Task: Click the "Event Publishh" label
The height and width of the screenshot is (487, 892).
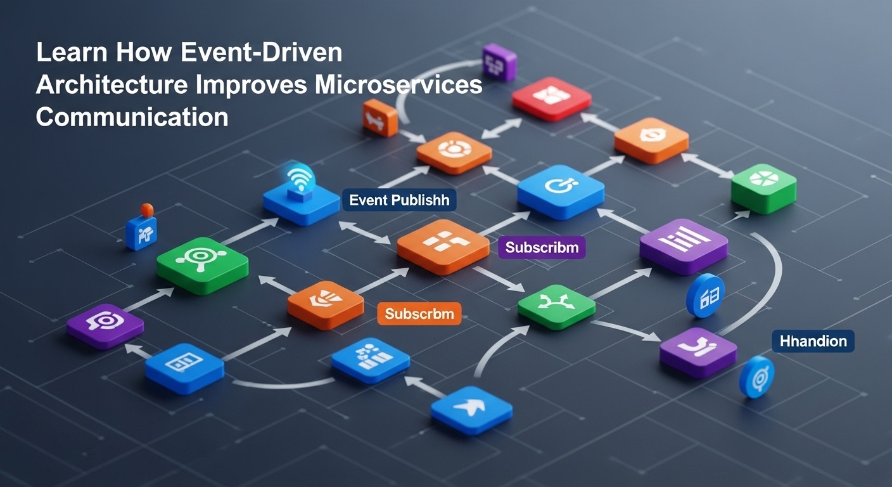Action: click(399, 200)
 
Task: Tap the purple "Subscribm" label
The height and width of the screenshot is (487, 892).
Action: click(542, 247)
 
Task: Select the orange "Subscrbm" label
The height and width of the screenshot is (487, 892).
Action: click(419, 314)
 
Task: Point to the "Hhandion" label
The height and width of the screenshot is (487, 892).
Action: click(813, 341)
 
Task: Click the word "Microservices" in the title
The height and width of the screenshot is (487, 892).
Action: click(398, 84)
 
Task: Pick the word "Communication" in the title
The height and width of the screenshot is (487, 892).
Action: click(132, 117)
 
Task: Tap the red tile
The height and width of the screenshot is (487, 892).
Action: click(552, 98)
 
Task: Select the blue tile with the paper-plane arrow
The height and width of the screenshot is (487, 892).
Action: click(471, 410)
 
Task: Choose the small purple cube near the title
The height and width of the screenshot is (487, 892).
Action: click(499, 63)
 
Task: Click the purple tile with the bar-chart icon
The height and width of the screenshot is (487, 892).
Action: click(684, 246)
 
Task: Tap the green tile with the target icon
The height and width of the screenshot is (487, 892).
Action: click(202, 266)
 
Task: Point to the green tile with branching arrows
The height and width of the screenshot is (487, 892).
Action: click(556, 306)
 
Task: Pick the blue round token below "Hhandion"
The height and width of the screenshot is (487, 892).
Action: click(756, 377)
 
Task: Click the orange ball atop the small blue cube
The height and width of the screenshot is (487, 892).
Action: click(147, 210)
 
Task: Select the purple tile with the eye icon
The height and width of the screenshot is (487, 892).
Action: click(105, 326)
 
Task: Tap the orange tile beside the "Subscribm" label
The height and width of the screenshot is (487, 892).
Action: click(443, 247)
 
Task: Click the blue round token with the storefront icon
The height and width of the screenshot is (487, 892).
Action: click(705, 295)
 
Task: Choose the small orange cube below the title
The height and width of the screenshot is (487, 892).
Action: click(380, 118)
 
